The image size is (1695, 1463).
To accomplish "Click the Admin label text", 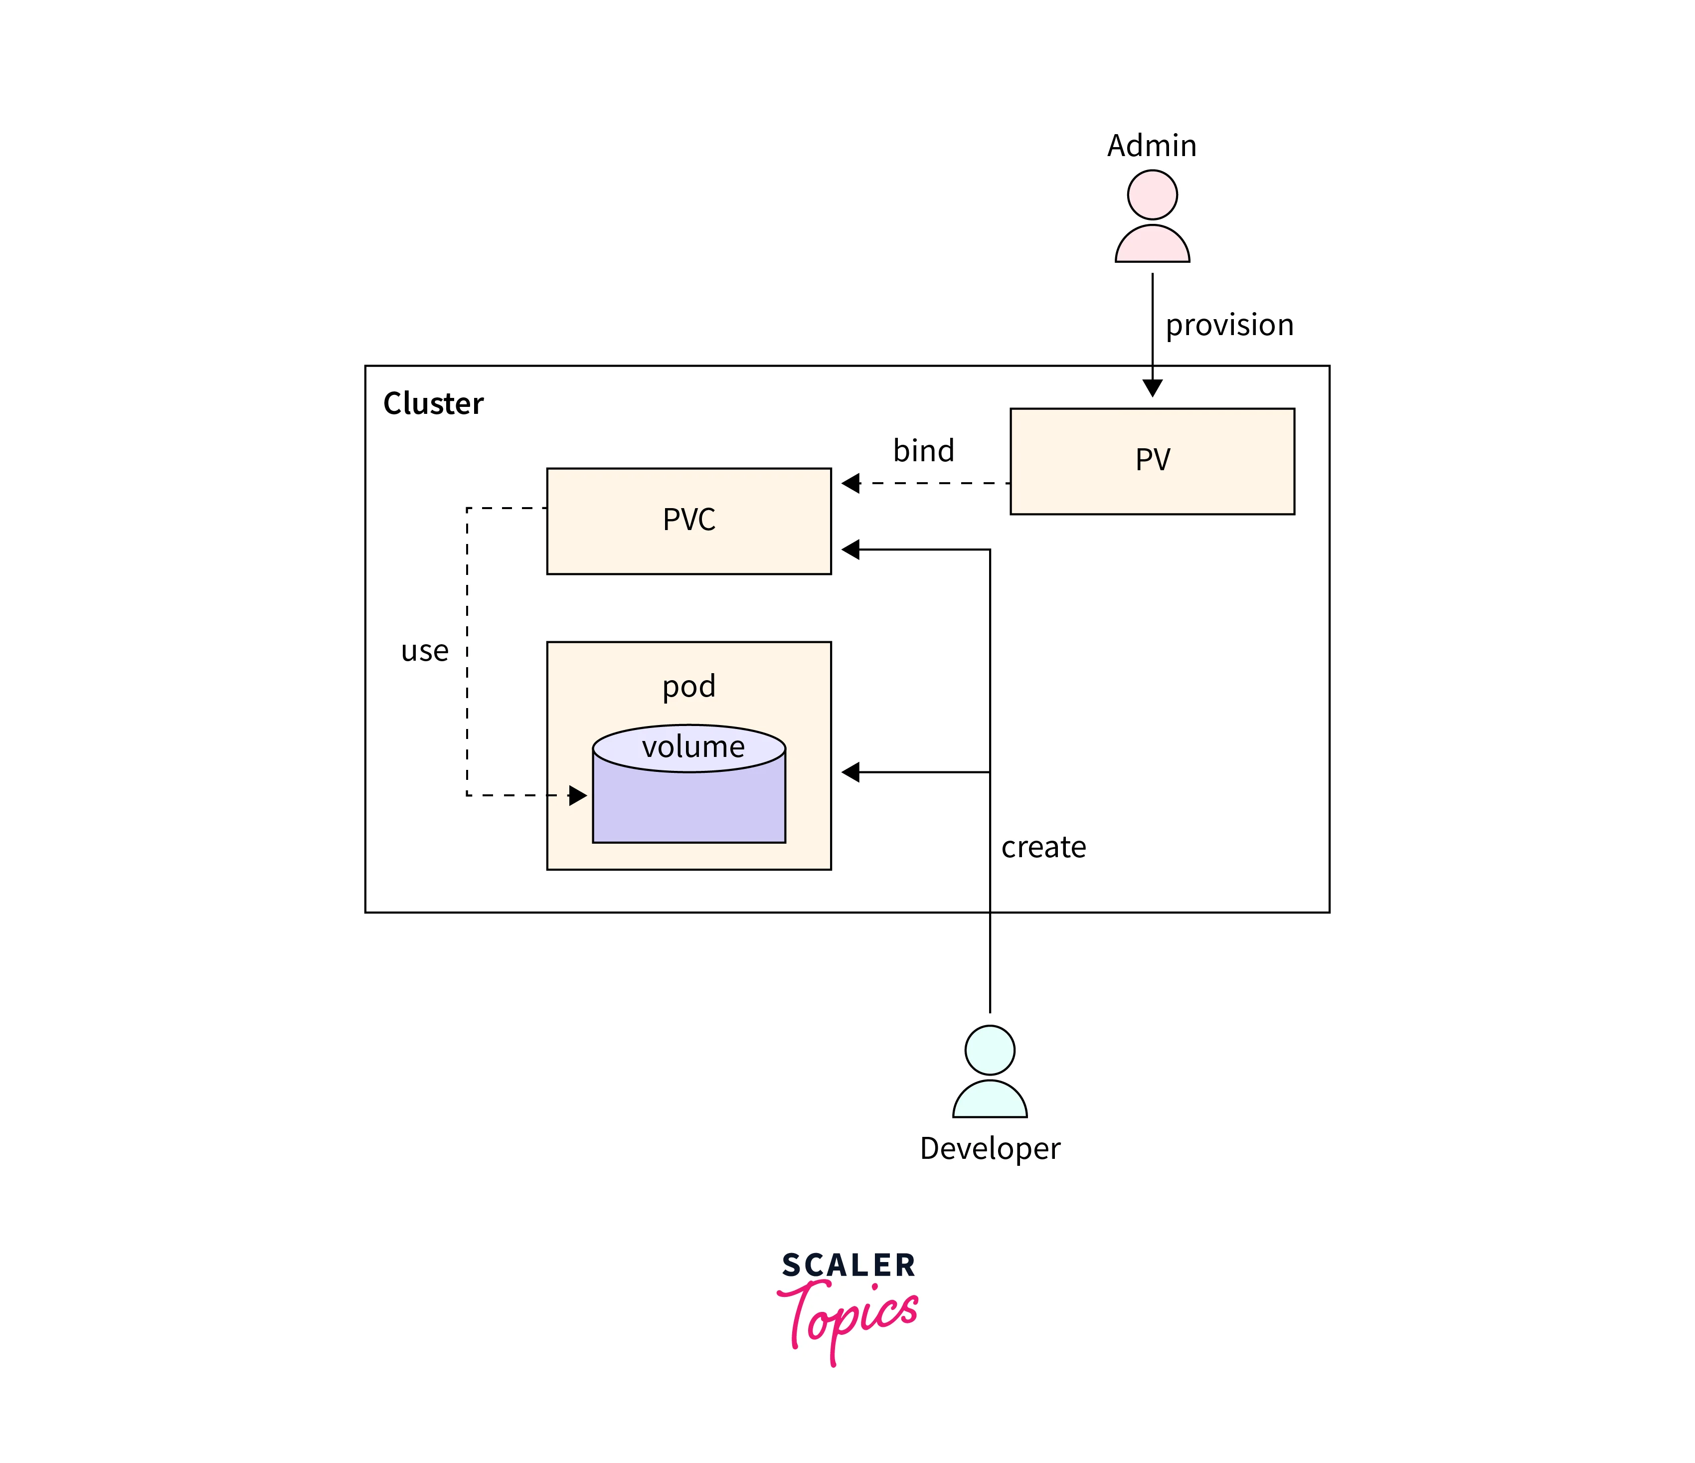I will click(x=1152, y=146).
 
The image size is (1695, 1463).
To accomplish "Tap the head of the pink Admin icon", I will click(x=1152, y=195).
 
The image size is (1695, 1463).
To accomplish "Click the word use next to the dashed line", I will click(x=425, y=651).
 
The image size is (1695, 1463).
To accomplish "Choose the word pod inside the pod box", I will click(x=689, y=686).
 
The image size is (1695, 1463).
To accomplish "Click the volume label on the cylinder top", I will click(x=693, y=747).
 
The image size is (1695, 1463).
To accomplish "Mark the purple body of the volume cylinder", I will click(x=689, y=806).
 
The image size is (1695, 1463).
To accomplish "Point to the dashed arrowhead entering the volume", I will click(x=578, y=795).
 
